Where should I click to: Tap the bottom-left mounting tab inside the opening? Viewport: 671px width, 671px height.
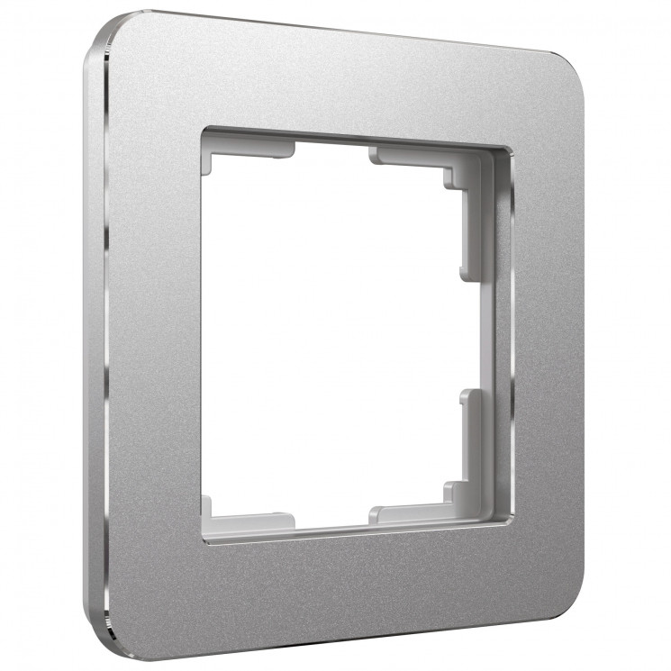click(x=248, y=521)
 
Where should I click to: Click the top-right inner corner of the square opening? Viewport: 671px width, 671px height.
click(x=510, y=148)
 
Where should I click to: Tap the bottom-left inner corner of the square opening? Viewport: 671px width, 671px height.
click(x=204, y=540)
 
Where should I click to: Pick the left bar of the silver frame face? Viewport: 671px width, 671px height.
click(x=153, y=333)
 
